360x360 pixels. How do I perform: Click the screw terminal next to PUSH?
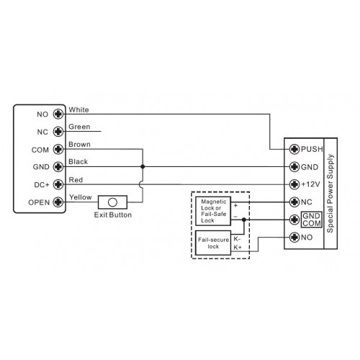294,149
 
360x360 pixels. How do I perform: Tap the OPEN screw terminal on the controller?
58,202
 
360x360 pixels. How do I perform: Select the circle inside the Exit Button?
112,202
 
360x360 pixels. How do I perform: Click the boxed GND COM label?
312,220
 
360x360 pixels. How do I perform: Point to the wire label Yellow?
81,197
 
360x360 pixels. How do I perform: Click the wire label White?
78,109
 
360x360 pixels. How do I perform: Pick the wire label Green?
79,127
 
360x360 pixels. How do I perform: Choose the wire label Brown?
79,145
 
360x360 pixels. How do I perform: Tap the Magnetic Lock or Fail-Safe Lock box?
213,211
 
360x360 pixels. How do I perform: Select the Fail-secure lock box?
213,243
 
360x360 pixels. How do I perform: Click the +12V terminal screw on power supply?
294,184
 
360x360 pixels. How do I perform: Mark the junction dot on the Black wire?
143,166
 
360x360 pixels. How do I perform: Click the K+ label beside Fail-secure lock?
238,247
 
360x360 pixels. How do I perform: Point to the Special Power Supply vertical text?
330,194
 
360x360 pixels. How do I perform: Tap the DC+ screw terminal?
58,184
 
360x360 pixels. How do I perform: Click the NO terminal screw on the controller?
58,114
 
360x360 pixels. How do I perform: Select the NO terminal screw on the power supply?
294,238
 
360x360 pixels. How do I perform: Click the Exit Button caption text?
113,215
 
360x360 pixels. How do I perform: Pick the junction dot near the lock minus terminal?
244,220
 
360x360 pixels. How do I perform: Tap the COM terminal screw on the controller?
58,149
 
